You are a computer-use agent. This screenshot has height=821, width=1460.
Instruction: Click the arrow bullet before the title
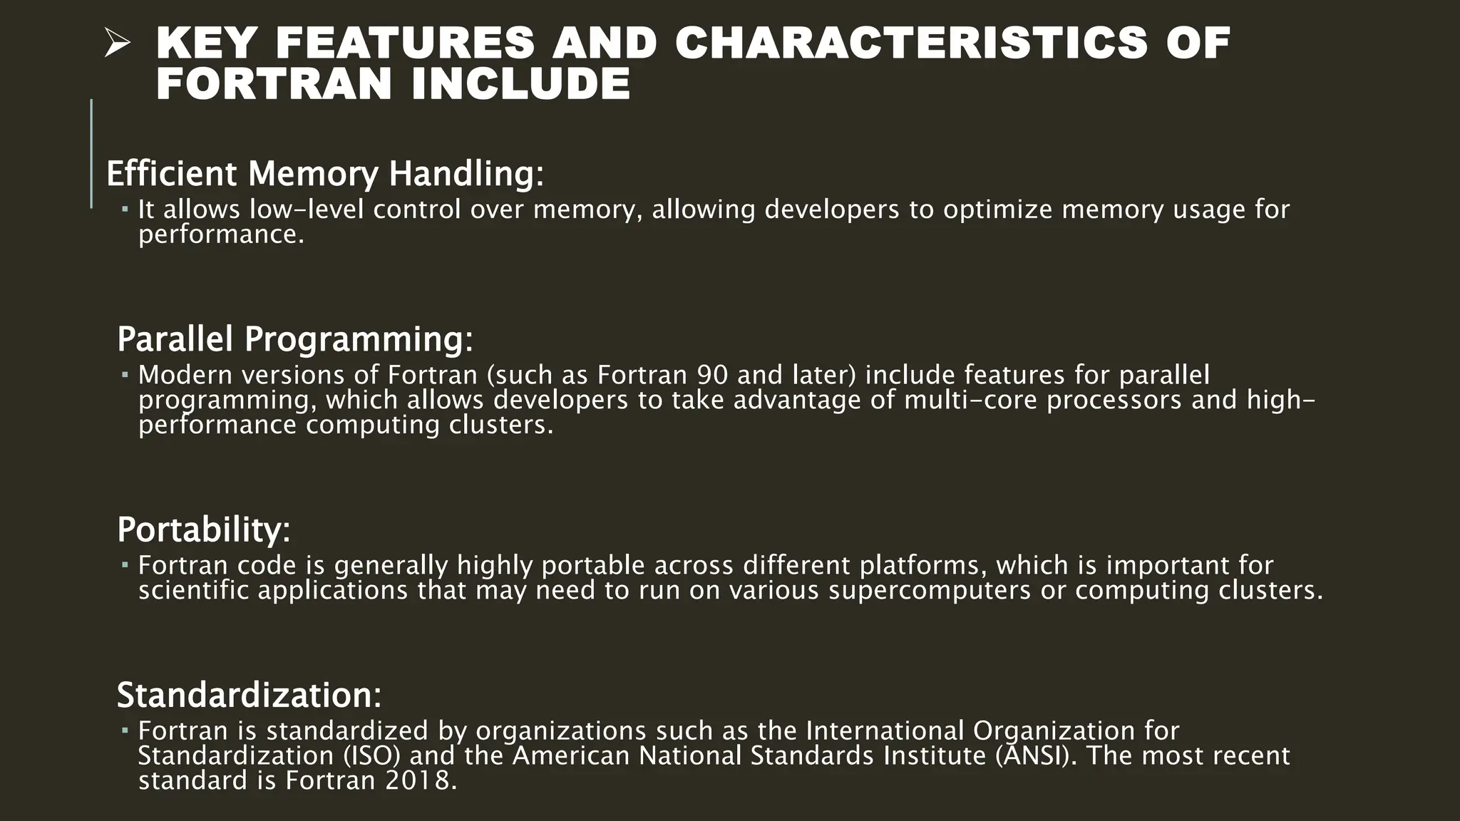(116, 45)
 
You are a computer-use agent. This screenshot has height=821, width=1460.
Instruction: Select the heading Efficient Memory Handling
(325, 174)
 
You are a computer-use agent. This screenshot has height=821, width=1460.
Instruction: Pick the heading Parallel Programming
(294, 339)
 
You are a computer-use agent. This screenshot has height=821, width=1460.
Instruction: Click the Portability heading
(203, 530)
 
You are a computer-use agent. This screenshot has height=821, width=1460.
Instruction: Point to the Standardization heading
(249, 695)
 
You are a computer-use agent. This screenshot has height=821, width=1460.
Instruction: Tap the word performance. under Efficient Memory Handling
(221, 234)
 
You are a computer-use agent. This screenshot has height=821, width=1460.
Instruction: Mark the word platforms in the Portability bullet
(922, 566)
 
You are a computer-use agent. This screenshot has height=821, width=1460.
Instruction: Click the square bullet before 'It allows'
(124, 210)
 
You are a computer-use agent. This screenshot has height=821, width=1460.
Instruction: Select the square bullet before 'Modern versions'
(124, 375)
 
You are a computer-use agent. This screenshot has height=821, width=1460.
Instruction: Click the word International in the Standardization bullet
(885, 730)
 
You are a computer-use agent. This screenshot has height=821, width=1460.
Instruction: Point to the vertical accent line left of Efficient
(91, 153)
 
